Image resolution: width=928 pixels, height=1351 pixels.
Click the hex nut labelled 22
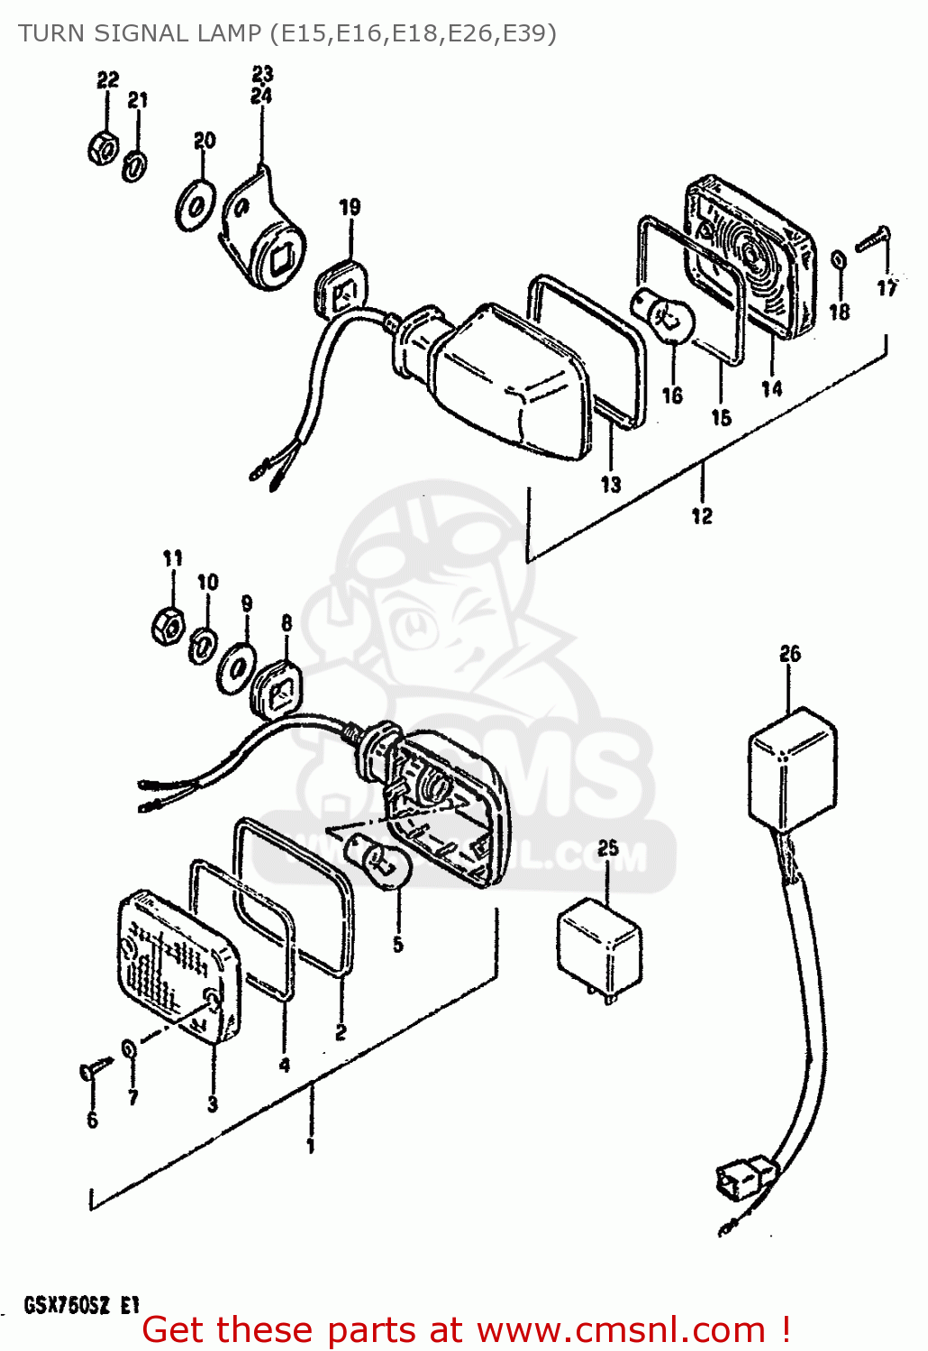(104, 146)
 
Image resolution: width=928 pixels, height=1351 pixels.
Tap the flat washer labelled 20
(196, 205)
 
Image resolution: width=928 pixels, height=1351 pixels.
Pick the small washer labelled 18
(838, 259)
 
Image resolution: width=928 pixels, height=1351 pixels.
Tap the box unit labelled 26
(791, 767)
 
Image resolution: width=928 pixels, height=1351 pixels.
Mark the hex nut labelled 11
(168, 623)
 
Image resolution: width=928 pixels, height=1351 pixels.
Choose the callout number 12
(702, 516)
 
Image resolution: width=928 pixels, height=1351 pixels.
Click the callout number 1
(311, 1147)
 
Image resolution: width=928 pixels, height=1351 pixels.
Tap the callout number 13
(611, 485)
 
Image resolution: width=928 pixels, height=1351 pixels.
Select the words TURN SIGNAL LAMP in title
(140, 33)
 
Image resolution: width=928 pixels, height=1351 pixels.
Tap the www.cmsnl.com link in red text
(621, 1330)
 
